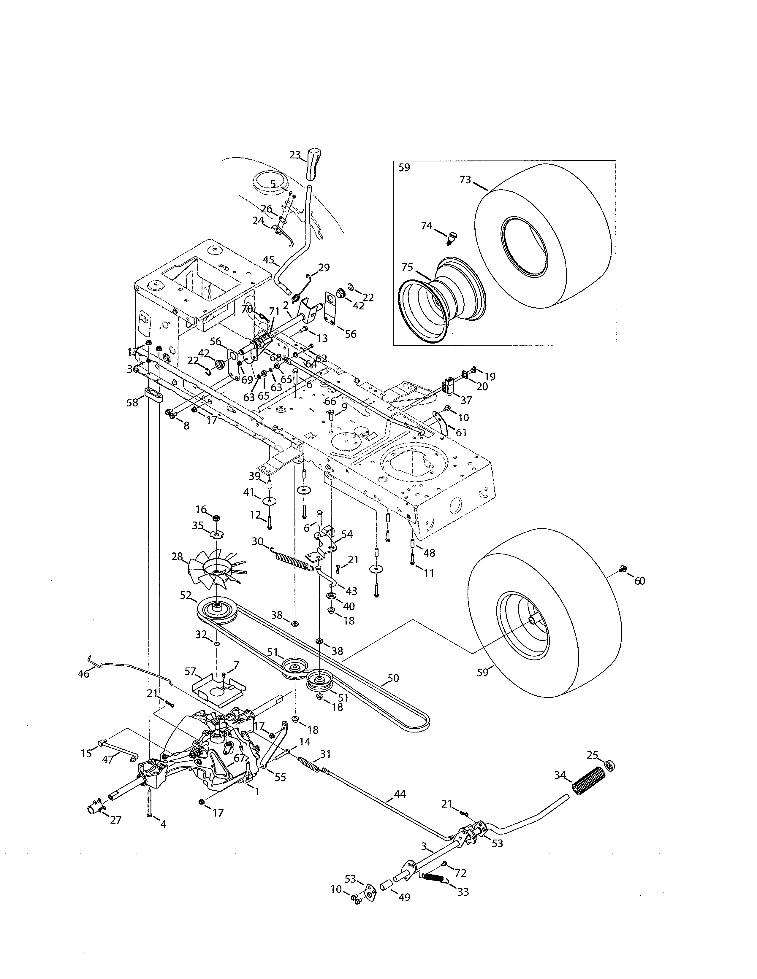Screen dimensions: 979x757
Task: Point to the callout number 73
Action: coord(465,180)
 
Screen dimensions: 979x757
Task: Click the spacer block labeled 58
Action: coord(153,396)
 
